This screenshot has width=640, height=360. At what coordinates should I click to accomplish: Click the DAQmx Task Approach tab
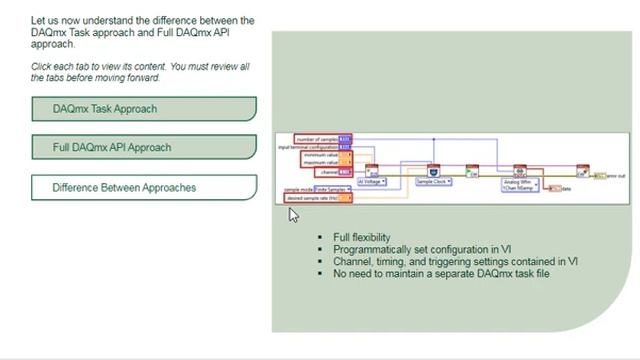(x=143, y=109)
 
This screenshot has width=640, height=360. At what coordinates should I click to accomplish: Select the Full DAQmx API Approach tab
(x=143, y=147)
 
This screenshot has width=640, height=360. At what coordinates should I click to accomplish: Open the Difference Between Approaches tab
(x=143, y=187)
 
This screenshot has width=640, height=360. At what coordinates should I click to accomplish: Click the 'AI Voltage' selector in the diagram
(x=373, y=182)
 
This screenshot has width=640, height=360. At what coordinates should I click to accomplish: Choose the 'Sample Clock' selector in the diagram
(x=434, y=182)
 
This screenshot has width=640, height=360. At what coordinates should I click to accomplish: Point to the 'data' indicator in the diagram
(x=565, y=188)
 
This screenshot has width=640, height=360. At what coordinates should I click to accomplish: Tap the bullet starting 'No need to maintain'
(x=440, y=273)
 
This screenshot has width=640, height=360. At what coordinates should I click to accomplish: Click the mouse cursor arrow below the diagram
(x=293, y=214)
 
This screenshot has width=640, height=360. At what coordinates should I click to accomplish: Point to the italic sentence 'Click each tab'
(x=140, y=72)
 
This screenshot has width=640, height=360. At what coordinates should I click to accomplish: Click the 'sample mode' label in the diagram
(x=299, y=189)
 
